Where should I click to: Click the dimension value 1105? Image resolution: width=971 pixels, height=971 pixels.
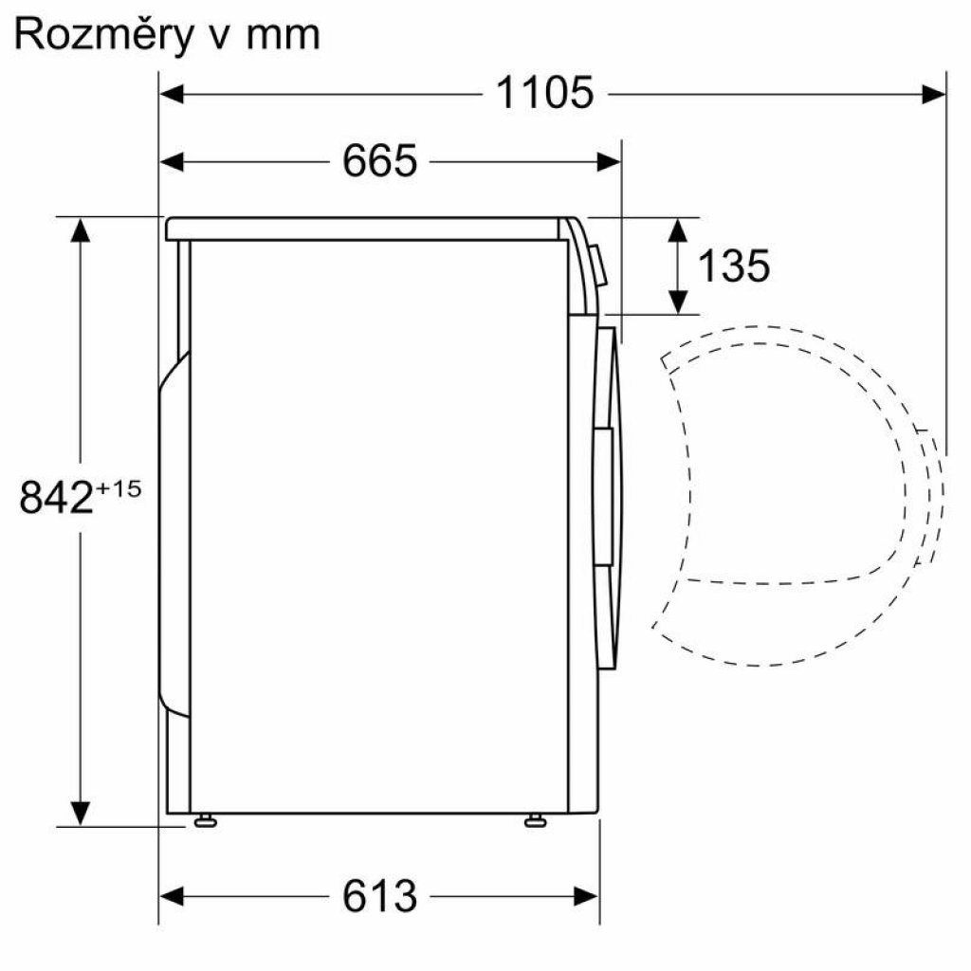(x=544, y=93)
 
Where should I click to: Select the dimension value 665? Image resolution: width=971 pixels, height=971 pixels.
(x=379, y=162)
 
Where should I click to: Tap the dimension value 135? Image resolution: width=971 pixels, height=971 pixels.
(x=733, y=266)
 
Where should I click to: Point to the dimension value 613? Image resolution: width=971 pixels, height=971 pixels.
(x=379, y=895)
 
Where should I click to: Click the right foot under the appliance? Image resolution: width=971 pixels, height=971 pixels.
(x=535, y=820)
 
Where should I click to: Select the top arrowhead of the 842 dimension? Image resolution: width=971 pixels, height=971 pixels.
(x=81, y=229)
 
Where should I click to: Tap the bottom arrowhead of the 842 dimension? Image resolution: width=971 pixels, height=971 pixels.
(x=81, y=814)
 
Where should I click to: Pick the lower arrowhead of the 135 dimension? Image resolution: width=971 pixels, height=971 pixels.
(x=678, y=303)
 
